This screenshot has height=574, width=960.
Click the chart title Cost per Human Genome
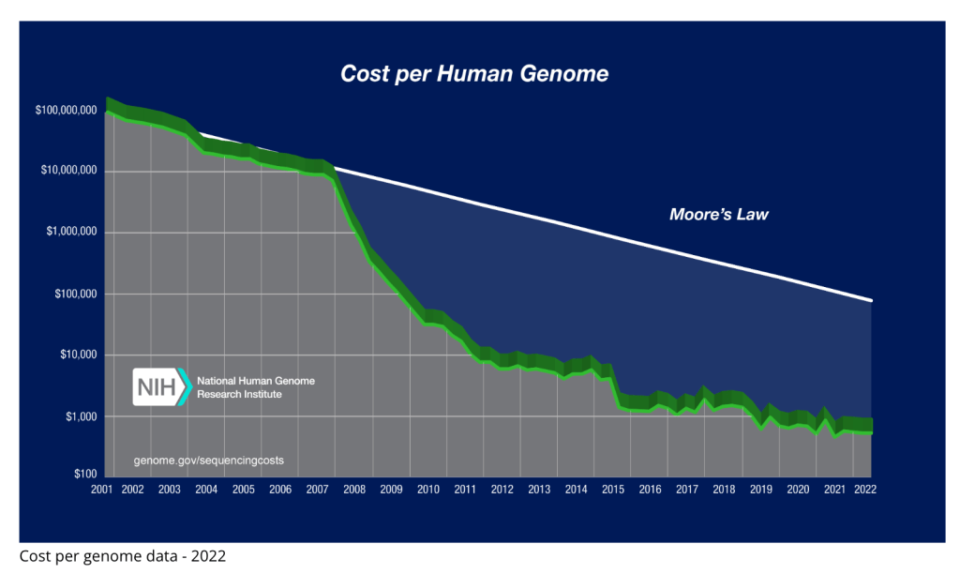coord(473,73)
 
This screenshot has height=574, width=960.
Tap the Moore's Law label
coord(718,215)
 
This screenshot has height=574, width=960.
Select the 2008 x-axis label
coord(354,490)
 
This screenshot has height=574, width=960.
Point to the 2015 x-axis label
coord(613,490)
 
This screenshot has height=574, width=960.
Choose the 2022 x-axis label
coord(863,490)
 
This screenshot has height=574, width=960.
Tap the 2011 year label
coord(465,490)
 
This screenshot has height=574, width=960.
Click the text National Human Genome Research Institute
coord(255,387)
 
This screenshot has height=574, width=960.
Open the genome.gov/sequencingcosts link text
coord(208,461)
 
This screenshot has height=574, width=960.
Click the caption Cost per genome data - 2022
coord(122,556)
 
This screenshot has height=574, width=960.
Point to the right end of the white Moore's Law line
coord(872,300)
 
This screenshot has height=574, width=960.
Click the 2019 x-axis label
coord(761,490)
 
